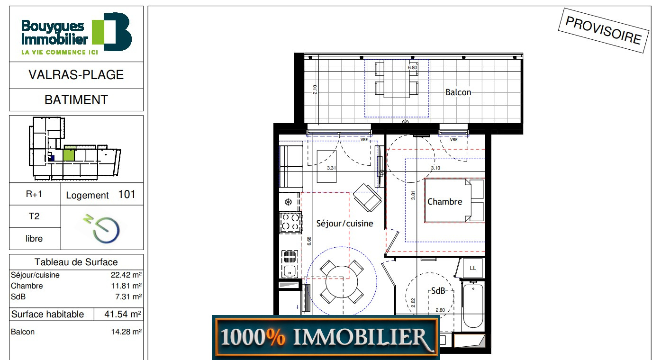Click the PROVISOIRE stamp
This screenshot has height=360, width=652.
[x=603, y=30]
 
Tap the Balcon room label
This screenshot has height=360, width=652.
[x=458, y=92]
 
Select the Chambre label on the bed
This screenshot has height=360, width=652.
[x=444, y=202]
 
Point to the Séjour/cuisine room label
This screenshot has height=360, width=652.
[x=344, y=224]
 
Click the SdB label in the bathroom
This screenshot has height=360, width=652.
[x=438, y=291]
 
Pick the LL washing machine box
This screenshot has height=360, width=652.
[x=473, y=268]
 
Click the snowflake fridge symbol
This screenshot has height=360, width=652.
[x=288, y=202]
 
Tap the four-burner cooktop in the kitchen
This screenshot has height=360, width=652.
[x=290, y=222]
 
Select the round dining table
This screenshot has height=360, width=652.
[x=342, y=282]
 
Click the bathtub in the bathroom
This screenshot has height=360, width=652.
[x=473, y=306]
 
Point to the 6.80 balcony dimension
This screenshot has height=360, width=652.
[x=412, y=68]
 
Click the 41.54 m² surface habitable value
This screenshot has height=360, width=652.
[x=123, y=315]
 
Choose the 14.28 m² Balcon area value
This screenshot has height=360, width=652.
[x=127, y=332]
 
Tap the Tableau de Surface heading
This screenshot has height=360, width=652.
[x=76, y=262]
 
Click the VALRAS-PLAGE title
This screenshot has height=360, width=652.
[x=76, y=75]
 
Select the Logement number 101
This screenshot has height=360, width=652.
[x=127, y=194]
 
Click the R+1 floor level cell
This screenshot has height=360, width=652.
[x=34, y=194]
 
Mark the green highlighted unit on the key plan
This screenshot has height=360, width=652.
[x=69, y=154]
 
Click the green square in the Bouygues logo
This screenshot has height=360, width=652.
[x=98, y=32]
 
